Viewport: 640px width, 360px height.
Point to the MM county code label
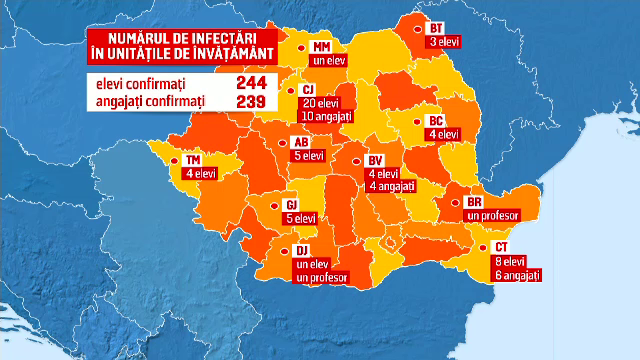click(322, 47)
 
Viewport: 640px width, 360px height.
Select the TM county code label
click(194, 160)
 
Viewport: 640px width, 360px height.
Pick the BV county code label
click(376, 160)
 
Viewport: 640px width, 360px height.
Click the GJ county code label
click(292, 203)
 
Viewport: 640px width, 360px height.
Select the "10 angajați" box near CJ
click(326, 118)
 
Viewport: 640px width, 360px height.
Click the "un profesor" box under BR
click(490, 215)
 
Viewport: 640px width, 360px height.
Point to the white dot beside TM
click(176, 160)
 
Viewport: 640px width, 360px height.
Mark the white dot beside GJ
click(276, 204)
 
